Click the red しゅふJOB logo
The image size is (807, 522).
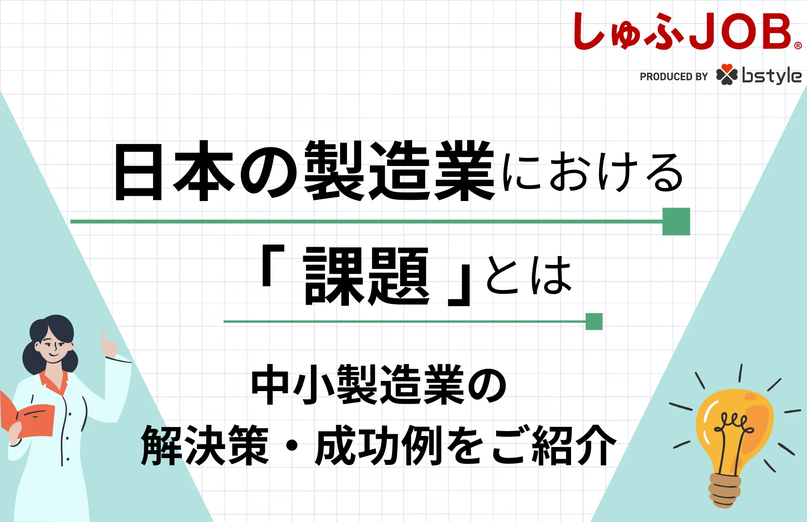click(x=687, y=31)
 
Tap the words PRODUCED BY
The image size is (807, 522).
click(x=674, y=77)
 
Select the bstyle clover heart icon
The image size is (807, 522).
click(x=727, y=75)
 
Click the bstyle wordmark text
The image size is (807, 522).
click(x=772, y=75)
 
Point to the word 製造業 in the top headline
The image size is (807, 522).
click(x=399, y=170)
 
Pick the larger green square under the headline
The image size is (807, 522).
click(x=676, y=221)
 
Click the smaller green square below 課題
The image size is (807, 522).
click(x=594, y=321)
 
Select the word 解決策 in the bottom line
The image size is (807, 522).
click(x=205, y=445)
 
